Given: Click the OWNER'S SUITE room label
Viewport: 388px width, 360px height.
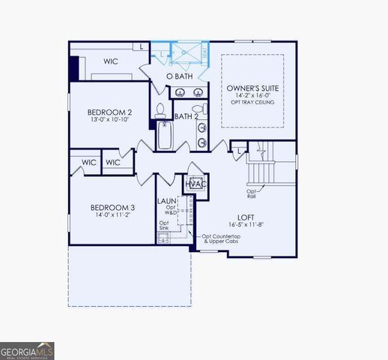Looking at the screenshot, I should (252, 88).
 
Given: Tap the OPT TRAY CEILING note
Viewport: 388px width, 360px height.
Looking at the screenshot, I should (252, 103).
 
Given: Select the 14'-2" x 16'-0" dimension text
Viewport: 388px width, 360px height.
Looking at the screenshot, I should (252, 95).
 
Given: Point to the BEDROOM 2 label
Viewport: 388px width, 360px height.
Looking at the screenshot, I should (109, 112).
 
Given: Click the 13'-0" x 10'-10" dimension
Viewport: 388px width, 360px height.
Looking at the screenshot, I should (109, 121).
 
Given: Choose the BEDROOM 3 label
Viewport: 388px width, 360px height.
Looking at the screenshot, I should (112, 208).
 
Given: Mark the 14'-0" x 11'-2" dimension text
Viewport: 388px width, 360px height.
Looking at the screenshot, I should (112, 216).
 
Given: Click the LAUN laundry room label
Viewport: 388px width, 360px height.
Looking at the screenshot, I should (166, 201).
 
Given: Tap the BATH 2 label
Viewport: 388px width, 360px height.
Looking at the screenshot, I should (186, 116).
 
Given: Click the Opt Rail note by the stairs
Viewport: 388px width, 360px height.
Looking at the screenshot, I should (251, 193).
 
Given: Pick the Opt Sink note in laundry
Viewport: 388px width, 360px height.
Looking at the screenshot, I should (163, 226).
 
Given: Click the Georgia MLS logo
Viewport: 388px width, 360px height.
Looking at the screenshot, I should (27, 351).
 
